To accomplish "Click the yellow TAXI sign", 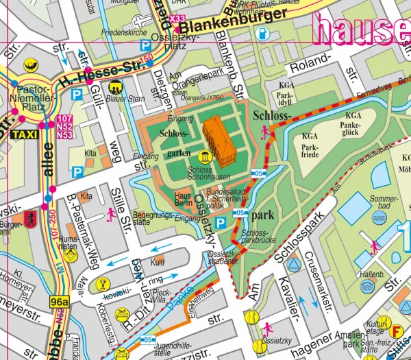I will pos(24,135).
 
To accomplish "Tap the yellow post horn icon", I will pos(32,67).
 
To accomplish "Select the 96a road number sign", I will pos(60,301).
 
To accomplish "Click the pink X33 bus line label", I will pos(177,19).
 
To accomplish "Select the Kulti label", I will pos(158,261).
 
